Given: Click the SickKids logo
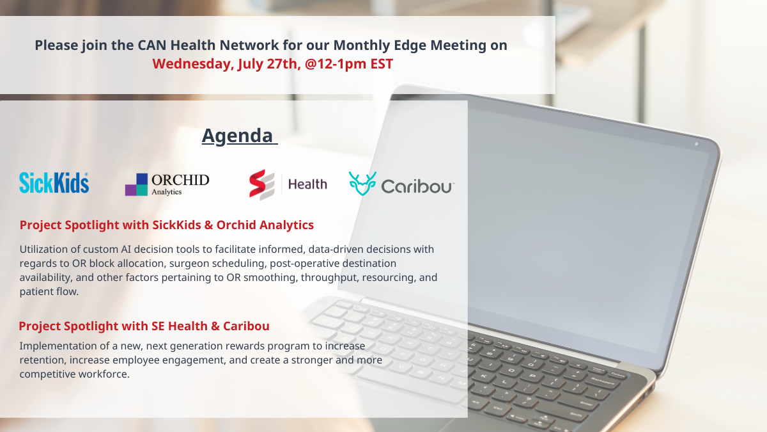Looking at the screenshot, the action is (x=54, y=183).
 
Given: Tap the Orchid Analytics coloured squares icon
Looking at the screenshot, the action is (x=136, y=184).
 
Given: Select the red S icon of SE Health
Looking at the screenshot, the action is (x=262, y=184).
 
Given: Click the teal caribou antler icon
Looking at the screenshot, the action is (x=362, y=184).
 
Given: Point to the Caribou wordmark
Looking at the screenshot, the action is (x=418, y=186).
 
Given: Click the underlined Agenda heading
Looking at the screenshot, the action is (x=239, y=136).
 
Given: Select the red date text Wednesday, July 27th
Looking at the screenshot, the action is (x=226, y=64).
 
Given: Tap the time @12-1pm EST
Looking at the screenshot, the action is (x=348, y=64).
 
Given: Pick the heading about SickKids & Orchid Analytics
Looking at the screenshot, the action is (x=166, y=225).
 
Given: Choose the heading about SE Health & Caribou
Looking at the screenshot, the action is (x=144, y=326).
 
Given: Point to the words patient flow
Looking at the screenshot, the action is (x=49, y=291).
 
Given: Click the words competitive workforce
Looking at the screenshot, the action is (x=74, y=374).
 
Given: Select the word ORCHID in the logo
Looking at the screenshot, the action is (x=180, y=180).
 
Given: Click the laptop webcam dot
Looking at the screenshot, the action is (x=697, y=144).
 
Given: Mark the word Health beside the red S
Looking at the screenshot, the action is (x=307, y=184).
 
